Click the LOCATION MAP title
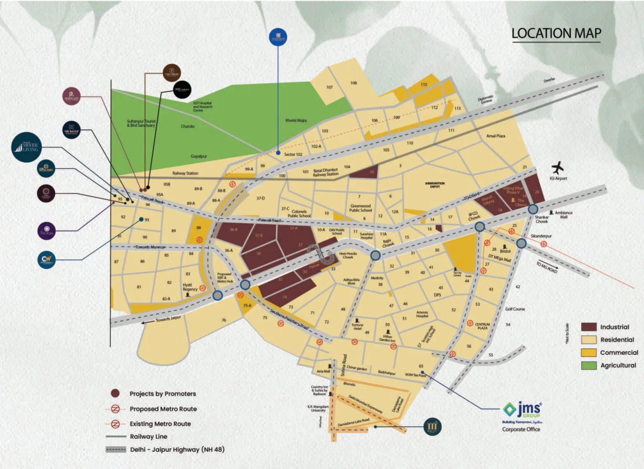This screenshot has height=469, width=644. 556,33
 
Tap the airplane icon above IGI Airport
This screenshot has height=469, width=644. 557,168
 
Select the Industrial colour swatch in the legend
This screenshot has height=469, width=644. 589,327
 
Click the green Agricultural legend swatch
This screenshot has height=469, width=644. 589,365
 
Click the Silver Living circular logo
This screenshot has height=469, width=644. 27,147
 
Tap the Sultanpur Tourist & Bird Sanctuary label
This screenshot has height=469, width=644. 141,123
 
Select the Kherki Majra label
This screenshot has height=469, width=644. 296,121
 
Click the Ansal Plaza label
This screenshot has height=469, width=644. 496,136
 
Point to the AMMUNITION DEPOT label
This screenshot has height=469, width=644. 435,185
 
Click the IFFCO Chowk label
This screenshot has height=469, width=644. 474,216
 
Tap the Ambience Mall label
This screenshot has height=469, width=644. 563,214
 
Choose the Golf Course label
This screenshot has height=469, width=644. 515,309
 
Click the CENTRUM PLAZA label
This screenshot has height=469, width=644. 483,326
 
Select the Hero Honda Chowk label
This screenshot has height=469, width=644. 348,255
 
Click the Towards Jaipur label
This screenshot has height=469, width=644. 168,319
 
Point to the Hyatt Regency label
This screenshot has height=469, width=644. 190,287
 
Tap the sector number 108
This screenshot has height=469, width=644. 353,83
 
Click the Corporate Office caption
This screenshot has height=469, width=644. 521,429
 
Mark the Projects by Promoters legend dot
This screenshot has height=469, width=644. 115,394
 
